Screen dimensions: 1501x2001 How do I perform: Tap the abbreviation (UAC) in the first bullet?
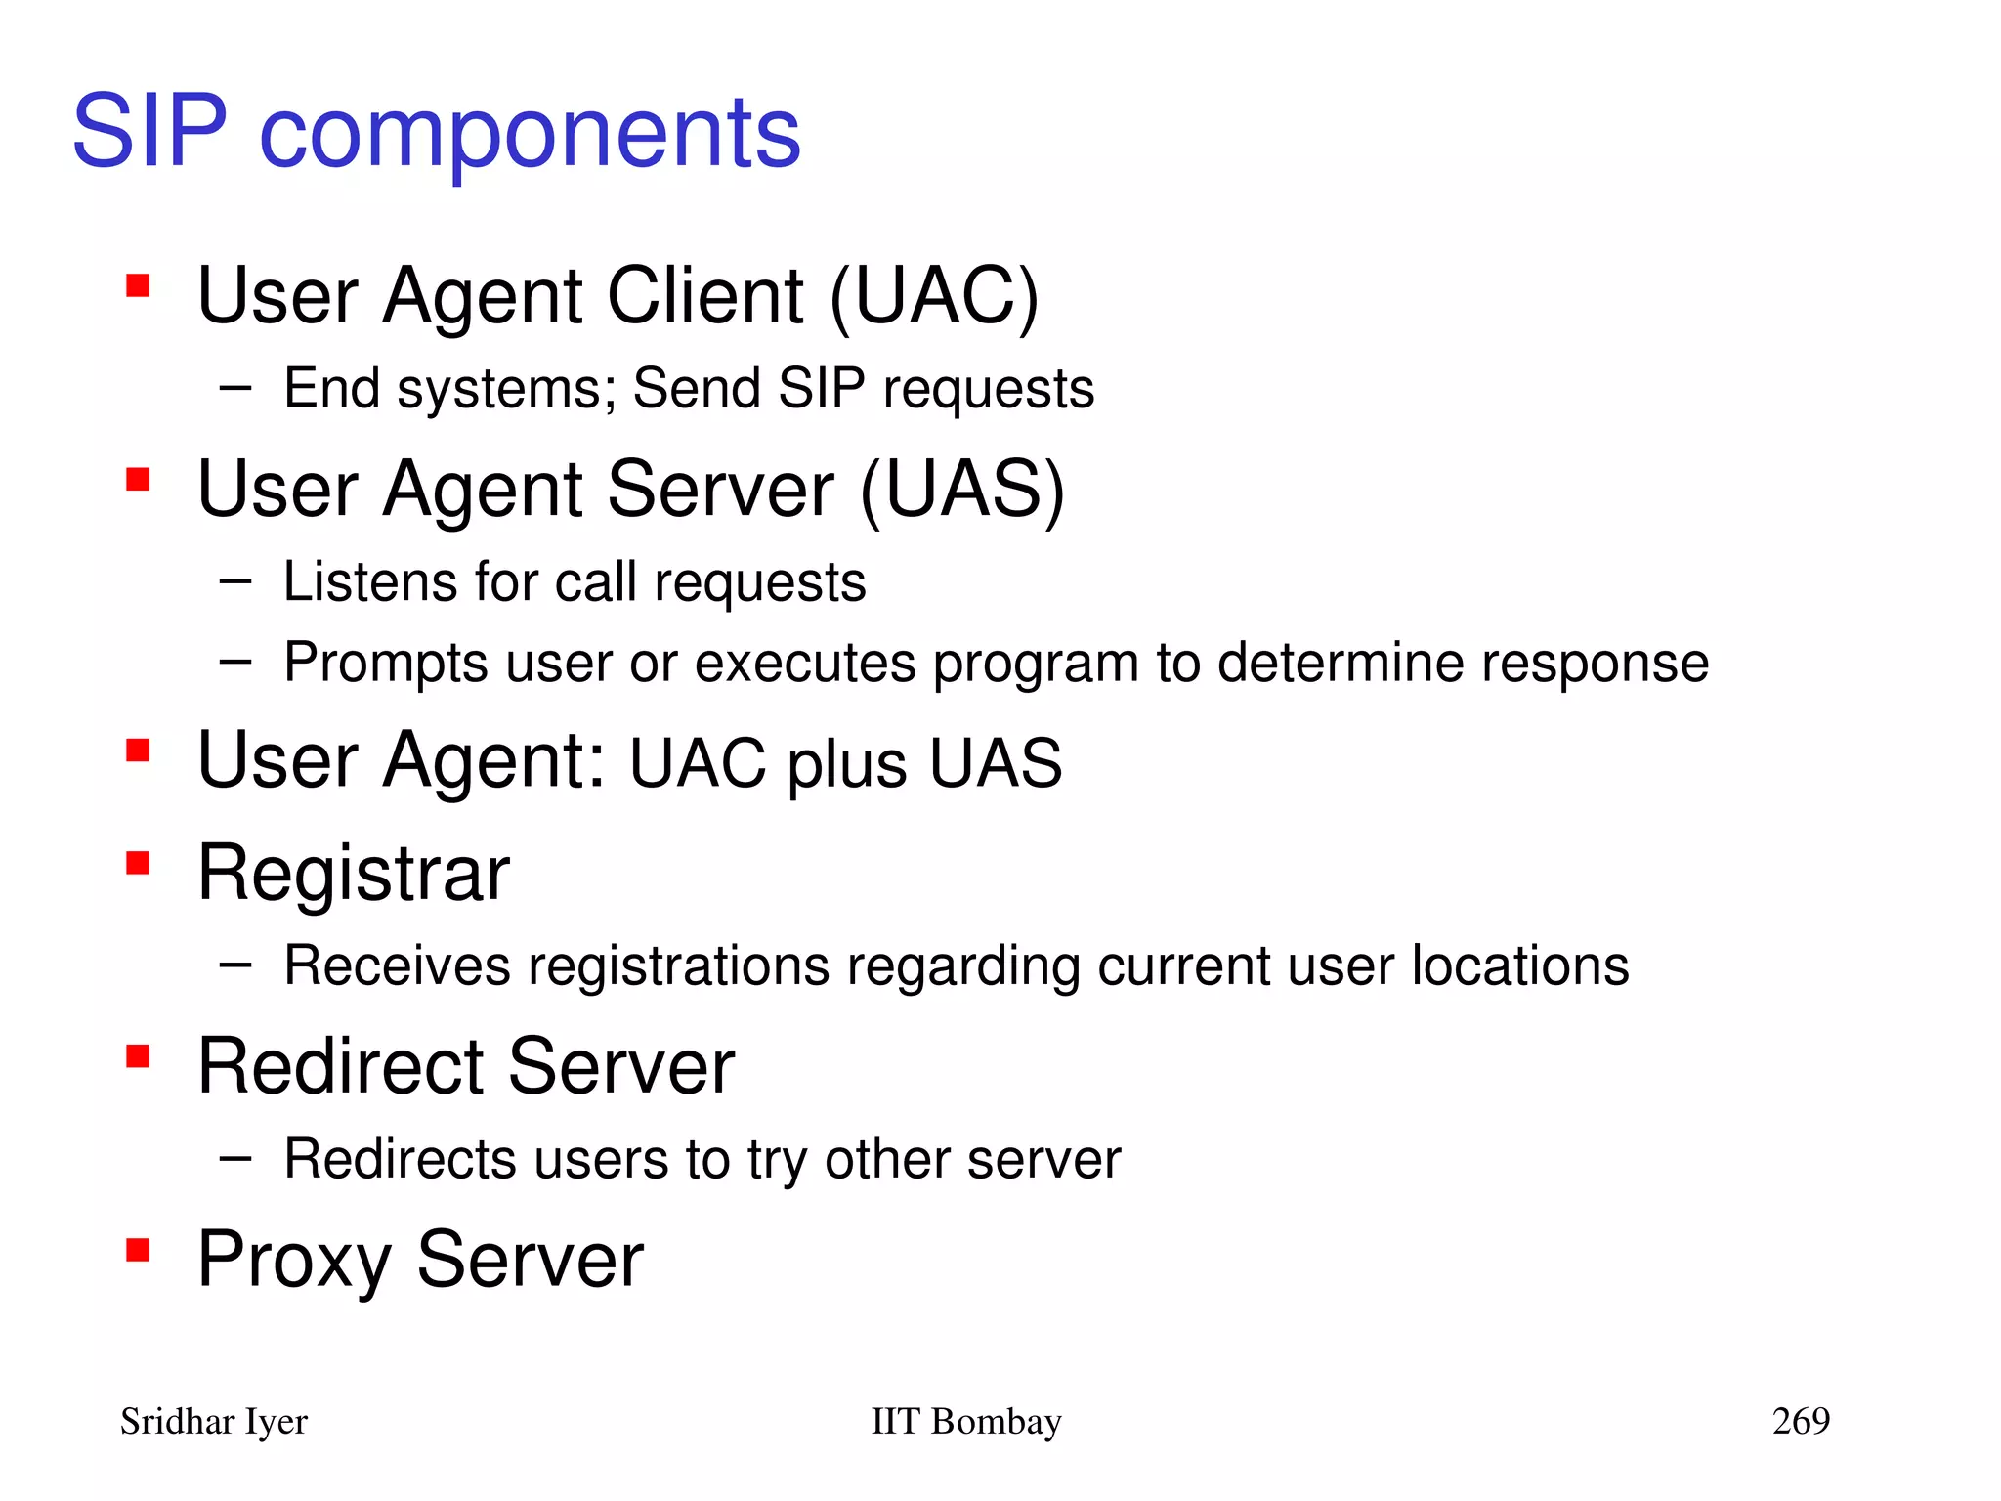934,296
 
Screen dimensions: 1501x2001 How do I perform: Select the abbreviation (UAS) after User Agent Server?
962,490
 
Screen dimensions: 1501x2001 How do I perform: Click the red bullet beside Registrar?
138,863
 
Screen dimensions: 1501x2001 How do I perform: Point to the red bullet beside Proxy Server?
138,1250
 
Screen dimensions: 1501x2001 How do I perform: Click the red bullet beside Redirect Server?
138,1056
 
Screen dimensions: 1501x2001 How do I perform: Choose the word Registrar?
354,873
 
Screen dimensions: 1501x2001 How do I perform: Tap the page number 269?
1801,1420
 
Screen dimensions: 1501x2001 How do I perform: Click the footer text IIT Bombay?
965,1421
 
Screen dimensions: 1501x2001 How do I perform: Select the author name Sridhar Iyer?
214,1422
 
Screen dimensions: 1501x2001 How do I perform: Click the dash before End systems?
235,388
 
